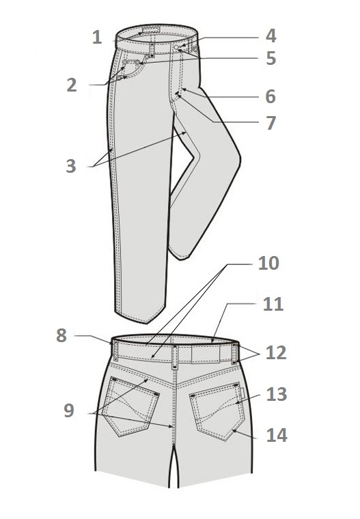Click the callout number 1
[97, 37]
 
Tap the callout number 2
[72, 85]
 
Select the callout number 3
[71, 166]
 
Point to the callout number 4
[271, 36]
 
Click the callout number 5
[271, 58]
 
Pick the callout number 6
[271, 97]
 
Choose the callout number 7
[271, 123]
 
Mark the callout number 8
[61, 335]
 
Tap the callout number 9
[69, 410]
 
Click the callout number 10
[268, 264]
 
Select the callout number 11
[273, 304]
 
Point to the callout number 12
[276, 353]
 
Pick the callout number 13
[277, 395]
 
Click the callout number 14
[277, 435]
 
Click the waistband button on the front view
[176, 48]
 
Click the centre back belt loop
[175, 356]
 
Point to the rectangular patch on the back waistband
[206, 353]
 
